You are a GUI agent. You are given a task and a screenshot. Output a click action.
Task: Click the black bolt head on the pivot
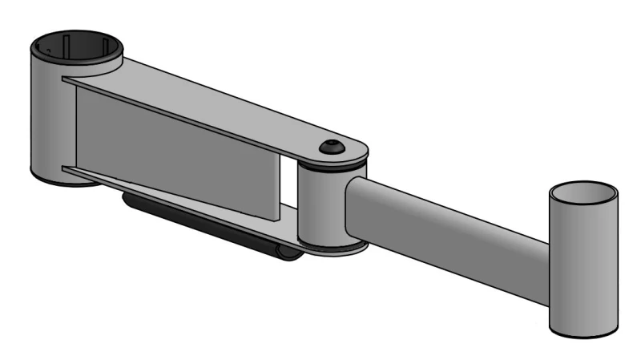coord(331,147)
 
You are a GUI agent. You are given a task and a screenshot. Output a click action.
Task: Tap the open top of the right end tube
coord(583,195)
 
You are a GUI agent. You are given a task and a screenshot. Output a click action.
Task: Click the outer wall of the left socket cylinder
coord(46,120)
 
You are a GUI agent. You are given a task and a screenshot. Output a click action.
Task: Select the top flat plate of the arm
coord(224,104)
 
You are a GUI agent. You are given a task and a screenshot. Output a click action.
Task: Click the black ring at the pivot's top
coord(333,167)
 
